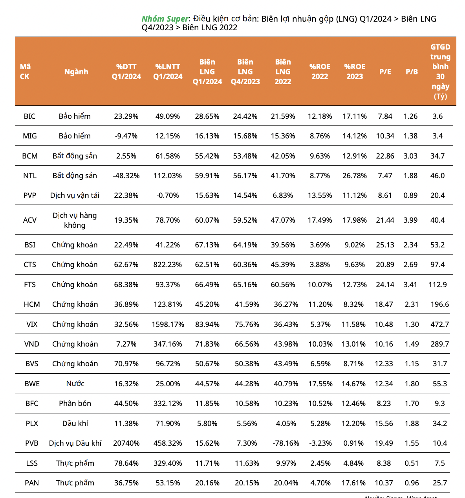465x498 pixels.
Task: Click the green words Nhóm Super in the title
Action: click(x=165, y=19)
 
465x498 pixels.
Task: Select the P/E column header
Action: click(x=385, y=72)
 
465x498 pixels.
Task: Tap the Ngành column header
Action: click(x=76, y=72)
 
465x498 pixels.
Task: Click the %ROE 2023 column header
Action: click(x=355, y=72)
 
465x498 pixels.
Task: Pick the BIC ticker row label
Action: click(x=29, y=116)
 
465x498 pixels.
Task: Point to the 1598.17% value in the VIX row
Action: click(x=168, y=324)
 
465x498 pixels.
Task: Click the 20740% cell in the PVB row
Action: click(x=126, y=443)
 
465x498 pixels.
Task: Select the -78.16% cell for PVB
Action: click(x=286, y=443)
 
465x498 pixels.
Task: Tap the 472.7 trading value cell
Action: click(x=439, y=324)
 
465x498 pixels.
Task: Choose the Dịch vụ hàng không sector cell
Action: click(x=75, y=220)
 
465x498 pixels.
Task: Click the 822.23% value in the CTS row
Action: click(x=168, y=264)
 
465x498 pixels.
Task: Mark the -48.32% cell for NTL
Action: click(x=126, y=175)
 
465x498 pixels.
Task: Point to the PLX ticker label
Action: click(x=32, y=423)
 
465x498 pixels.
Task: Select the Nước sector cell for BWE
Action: click(x=75, y=384)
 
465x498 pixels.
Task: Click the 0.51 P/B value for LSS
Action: click(x=411, y=463)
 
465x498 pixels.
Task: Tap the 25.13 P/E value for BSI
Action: click(x=385, y=245)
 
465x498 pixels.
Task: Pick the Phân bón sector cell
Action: click(x=75, y=403)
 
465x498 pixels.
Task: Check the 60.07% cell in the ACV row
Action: click(x=207, y=220)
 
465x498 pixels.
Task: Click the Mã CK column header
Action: click(x=25, y=72)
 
